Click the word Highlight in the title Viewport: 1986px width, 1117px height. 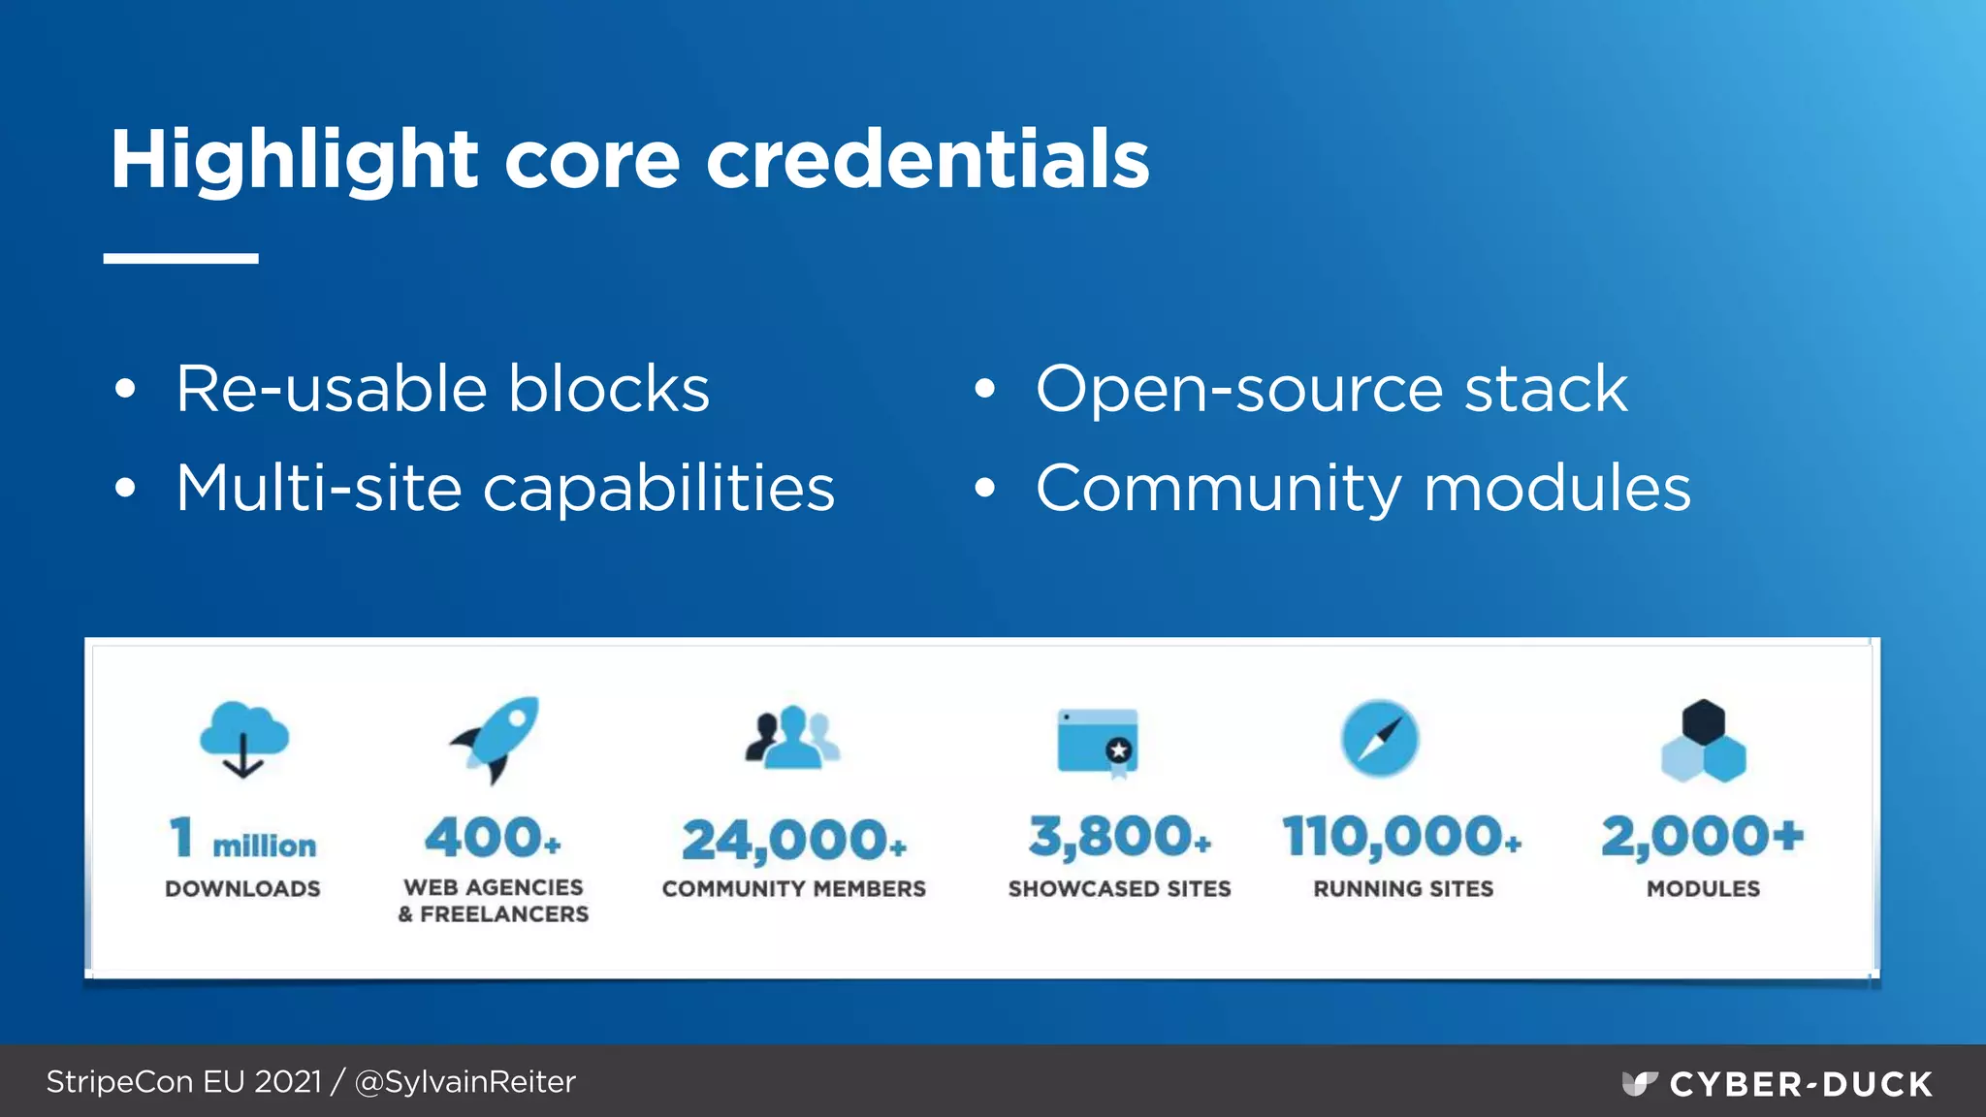tap(294, 160)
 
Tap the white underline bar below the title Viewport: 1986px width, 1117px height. tap(181, 259)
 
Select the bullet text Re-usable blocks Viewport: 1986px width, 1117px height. tap(442, 390)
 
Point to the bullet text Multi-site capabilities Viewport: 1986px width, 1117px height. tap(504, 488)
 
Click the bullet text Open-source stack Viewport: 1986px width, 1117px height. tap(1331, 390)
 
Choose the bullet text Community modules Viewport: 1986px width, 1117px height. tap(1362, 488)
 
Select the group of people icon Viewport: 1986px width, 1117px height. tap(792, 737)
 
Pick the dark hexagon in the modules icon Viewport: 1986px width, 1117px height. tap(1703, 721)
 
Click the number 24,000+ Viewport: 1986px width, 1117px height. tap(793, 840)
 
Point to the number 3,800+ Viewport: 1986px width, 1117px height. tap(1119, 837)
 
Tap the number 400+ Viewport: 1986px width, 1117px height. tap(493, 837)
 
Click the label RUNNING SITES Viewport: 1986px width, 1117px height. tap(1402, 889)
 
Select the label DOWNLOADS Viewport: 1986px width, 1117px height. tap(242, 889)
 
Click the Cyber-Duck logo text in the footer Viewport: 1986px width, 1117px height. tap(1800, 1084)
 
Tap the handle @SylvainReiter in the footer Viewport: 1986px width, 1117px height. tap(465, 1082)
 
